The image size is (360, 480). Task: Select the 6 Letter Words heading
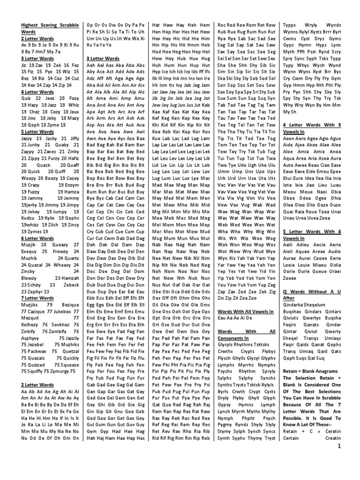pyautogui.click(x=37, y=238)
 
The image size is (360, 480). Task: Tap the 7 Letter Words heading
pyautogui.click(x=37, y=298)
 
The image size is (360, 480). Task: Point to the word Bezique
pyautogui.click(x=68, y=304)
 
